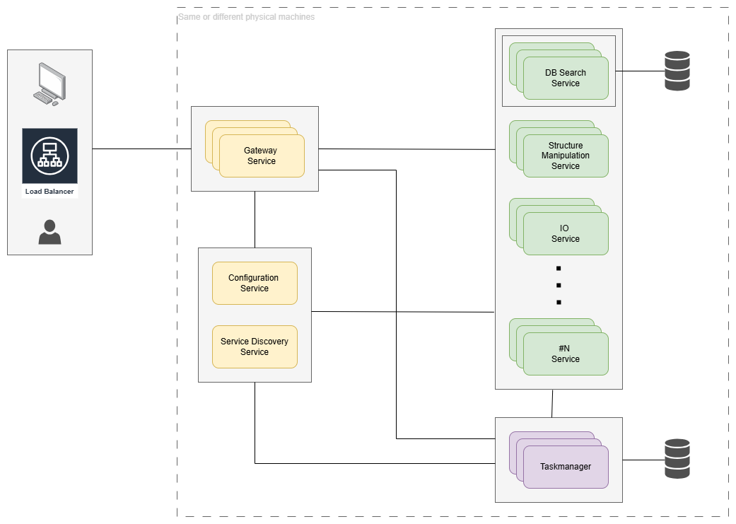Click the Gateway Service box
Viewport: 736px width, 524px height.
coord(262,156)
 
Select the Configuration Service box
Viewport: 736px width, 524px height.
coord(255,283)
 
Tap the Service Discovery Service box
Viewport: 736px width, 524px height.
coord(255,347)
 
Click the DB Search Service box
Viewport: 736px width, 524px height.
coord(566,78)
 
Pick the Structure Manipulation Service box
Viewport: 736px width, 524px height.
coord(566,156)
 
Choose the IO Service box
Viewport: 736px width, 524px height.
coord(566,233)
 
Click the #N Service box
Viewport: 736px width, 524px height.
coord(566,354)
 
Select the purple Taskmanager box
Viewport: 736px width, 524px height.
coord(566,467)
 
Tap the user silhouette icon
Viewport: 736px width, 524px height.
coord(49,232)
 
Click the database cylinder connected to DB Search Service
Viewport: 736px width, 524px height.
coord(677,71)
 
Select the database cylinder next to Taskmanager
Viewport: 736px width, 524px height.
coord(677,459)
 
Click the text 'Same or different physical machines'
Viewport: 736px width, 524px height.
coord(247,16)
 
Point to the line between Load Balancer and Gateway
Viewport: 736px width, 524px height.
coord(141,149)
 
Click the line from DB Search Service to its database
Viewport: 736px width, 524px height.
coord(640,71)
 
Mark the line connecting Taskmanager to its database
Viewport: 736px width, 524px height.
coord(643,460)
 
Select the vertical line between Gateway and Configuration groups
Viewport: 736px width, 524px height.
coord(255,219)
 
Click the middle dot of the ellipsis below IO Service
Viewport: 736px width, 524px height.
coord(559,285)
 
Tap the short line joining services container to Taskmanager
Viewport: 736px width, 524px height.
coord(551,403)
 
